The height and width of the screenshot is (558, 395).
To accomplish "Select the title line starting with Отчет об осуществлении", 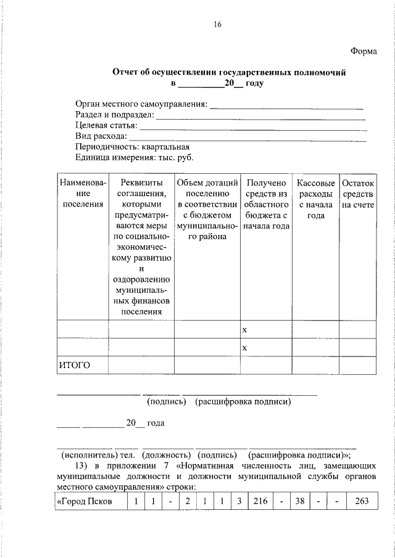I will [x=229, y=73].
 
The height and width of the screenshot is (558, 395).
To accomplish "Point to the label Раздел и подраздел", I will [x=114, y=115].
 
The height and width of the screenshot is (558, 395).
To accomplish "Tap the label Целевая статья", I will [x=106, y=125].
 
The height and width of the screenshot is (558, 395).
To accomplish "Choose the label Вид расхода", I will [x=101, y=136].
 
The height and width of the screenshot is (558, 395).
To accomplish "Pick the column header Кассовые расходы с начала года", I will [x=315, y=199].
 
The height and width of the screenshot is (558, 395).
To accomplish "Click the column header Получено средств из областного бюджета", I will [x=266, y=204].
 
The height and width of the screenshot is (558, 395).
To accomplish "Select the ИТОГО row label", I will [x=75, y=365].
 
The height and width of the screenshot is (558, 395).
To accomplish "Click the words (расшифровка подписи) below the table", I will [x=243, y=402].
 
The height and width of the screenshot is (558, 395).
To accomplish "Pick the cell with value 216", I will [x=260, y=501].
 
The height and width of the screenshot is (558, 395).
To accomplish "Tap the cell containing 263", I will [x=357, y=501].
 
